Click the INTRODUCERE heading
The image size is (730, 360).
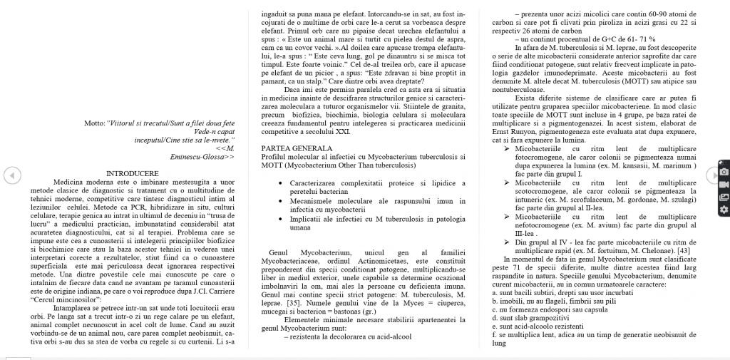tap(132, 173)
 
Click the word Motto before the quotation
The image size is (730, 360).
tap(94, 123)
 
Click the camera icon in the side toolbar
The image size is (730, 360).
tap(724, 172)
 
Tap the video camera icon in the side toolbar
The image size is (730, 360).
tap(724, 184)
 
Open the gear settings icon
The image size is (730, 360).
tap(724, 210)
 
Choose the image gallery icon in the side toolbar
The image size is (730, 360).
tap(724, 197)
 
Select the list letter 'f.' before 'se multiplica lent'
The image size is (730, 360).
tap(495, 334)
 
